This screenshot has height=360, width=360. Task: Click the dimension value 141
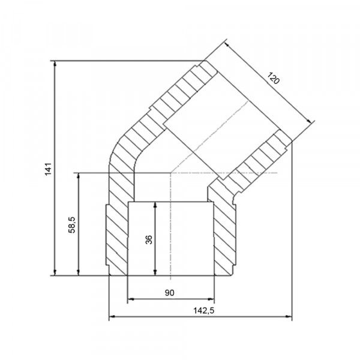48,169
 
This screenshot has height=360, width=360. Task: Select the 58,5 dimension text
72,225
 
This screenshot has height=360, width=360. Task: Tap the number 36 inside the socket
149,239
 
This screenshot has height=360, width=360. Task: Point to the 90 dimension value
169,293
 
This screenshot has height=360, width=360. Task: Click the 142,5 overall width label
203,311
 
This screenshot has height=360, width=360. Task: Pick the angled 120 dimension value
273,78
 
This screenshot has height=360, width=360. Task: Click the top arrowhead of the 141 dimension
55,64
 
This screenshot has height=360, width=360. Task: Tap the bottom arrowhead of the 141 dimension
55,272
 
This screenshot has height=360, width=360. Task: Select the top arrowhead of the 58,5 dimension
79,176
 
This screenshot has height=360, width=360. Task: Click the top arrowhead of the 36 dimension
155,205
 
